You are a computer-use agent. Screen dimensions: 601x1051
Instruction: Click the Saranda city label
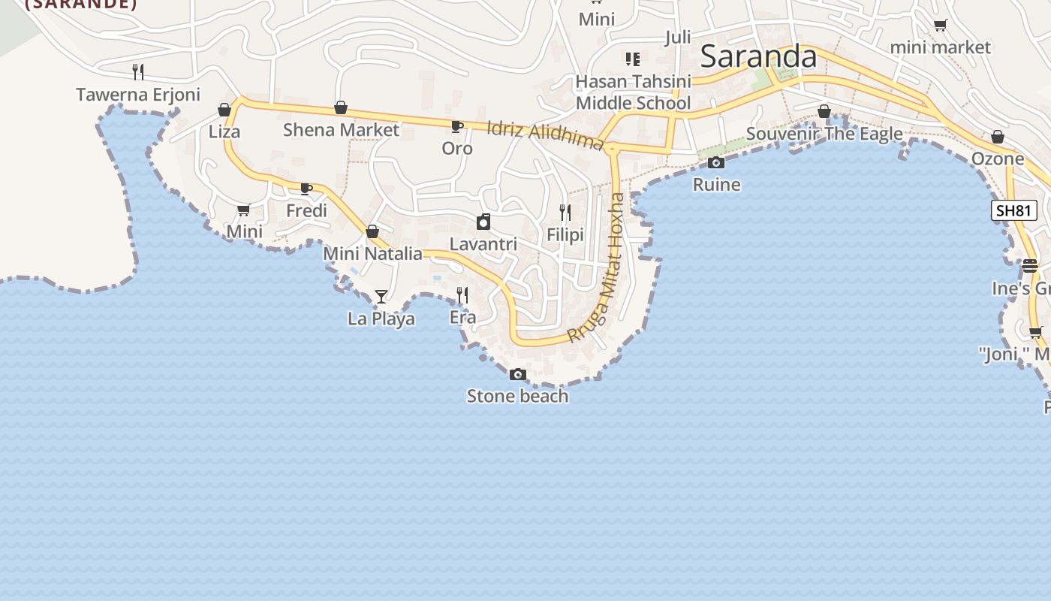758,57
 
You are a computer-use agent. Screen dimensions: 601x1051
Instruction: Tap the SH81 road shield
1014,210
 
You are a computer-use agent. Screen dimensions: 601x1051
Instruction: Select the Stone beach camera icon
517,374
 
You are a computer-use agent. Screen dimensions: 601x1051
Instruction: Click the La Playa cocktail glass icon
381,296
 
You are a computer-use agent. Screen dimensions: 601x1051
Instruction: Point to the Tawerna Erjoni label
138,95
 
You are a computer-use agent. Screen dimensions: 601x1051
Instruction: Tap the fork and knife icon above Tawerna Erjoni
138,72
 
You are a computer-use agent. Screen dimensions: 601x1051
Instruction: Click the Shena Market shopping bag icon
341,108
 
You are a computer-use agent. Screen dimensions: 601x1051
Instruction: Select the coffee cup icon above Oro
456,126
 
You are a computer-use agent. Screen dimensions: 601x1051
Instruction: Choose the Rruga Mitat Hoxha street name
598,267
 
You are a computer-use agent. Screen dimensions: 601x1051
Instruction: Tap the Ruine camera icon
716,162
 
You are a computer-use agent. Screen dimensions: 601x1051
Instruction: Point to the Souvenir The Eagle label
824,134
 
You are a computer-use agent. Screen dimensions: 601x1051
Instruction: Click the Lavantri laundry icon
483,222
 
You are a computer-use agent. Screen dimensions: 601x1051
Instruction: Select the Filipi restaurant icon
565,213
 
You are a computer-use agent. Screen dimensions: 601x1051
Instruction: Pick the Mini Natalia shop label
372,254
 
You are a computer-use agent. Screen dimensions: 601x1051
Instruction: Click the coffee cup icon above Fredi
306,189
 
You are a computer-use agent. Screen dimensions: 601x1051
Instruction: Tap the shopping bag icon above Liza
224,110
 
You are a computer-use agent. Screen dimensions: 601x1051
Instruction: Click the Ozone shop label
997,159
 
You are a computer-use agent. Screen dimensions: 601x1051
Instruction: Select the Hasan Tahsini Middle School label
633,92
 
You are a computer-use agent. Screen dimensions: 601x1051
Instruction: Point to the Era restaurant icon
462,294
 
